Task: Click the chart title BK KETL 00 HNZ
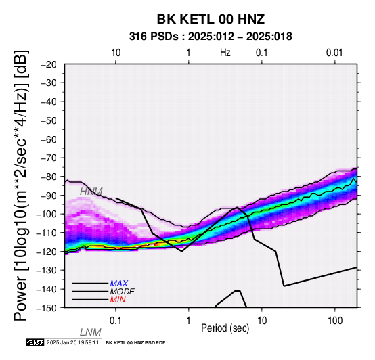tap(211, 19)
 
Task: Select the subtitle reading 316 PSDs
tap(154, 37)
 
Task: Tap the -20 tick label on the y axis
tap(49, 64)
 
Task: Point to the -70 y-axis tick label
tap(49, 158)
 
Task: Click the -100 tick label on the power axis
tap(47, 214)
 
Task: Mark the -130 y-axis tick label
tap(47, 270)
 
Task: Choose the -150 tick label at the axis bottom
tap(47, 308)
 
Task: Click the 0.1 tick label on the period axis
tap(116, 320)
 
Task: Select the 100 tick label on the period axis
tap(335, 320)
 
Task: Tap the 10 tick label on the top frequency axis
tap(116, 53)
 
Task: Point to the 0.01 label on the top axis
tap(334, 53)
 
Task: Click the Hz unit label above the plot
tap(225, 53)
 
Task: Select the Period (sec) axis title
tap(225, 328)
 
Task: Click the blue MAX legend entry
tap(119, 284)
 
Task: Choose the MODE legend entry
tap(123, 292)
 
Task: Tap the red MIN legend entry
tap(118, 300)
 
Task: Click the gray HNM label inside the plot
tap(91, 192)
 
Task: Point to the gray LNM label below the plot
tap(91, 332)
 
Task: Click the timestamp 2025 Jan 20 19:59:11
tap(72, 342)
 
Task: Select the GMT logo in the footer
tap(35, 342)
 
